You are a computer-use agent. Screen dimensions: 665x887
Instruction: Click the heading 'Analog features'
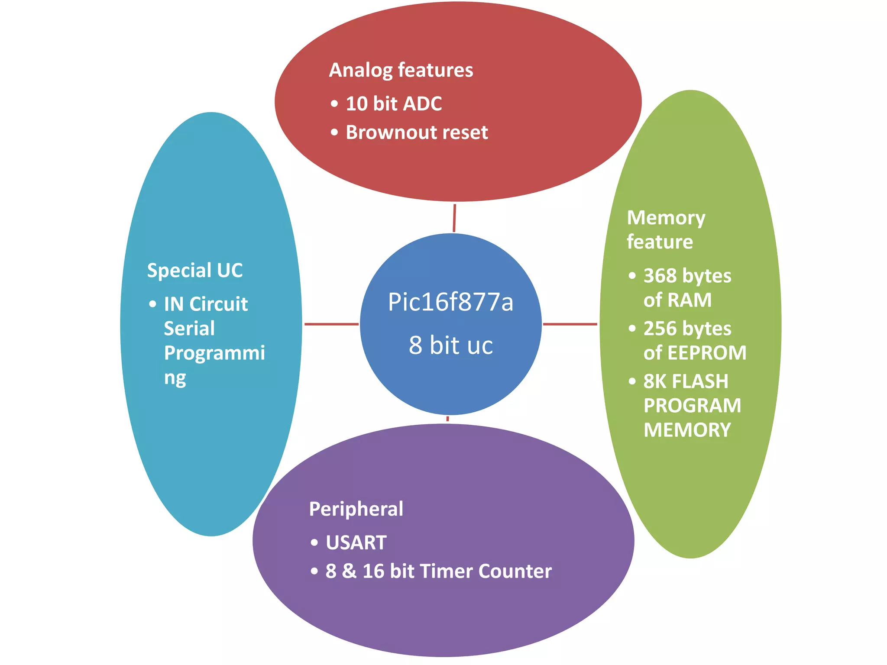(401, 71)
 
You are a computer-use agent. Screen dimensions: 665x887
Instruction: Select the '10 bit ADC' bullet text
(393, 104)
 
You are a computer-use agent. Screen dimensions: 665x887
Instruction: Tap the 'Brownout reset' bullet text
(416, 132)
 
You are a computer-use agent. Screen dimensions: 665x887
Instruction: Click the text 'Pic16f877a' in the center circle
(450, 302)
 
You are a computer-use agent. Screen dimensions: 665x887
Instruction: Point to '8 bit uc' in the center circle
(450, 345)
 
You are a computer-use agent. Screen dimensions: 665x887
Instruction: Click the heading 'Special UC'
(194, 271)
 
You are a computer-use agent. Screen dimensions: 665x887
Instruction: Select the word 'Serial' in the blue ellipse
(189, 329)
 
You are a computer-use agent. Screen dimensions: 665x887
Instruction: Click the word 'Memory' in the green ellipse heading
(666, 218)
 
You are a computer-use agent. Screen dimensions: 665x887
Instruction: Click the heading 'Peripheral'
(356, 509)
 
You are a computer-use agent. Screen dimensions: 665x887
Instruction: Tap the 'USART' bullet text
(356, 543)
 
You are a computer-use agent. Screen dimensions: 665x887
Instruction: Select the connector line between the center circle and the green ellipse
(570, 324)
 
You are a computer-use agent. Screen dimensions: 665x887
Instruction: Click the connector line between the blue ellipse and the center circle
(331, 324)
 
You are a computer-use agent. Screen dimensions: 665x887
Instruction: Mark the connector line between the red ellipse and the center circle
(454, 218)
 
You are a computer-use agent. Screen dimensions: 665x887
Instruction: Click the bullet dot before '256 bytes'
(632, 329)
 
